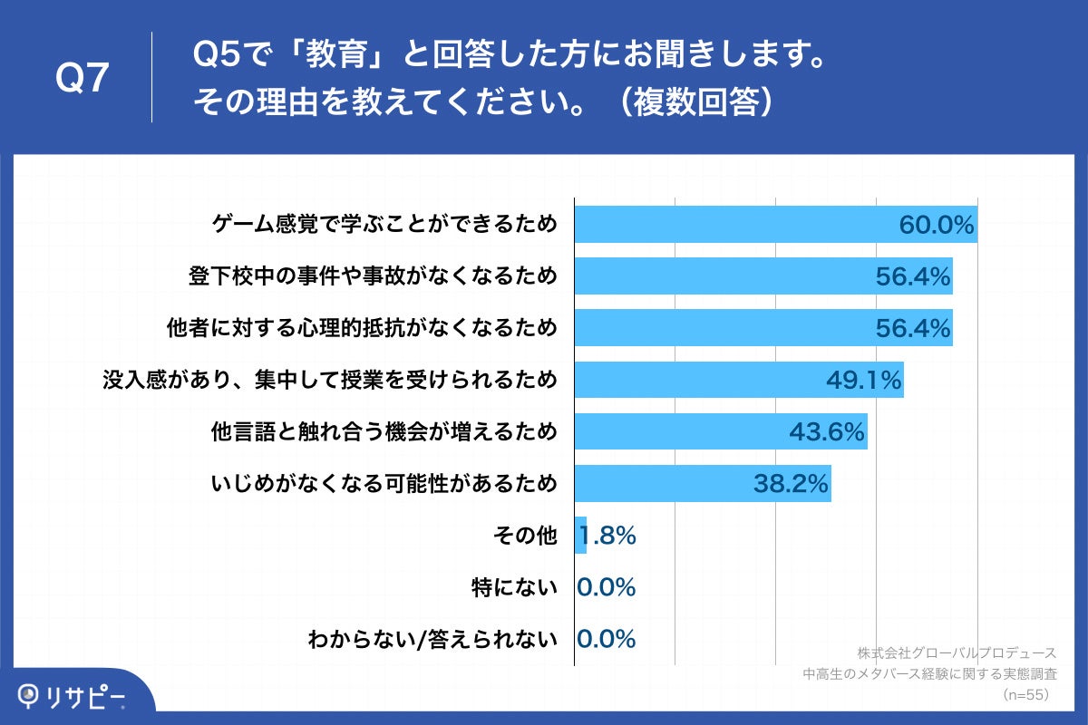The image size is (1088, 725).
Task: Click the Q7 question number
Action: (83, 80)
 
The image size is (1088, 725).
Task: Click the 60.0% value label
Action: (936, 225)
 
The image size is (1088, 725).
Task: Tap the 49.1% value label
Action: (863, 381)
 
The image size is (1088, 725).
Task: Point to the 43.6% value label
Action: (826, 432)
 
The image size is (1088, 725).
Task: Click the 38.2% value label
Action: (791, 485)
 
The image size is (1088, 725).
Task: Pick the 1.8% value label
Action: (607, 536)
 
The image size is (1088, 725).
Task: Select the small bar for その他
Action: (581, 536)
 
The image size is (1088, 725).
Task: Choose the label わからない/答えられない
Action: (432, 640)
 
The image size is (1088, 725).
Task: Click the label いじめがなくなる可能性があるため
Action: (384, 485)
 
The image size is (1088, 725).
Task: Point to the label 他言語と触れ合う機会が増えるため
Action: (384, 432)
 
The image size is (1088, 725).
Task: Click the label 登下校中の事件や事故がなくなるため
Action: (372, 276)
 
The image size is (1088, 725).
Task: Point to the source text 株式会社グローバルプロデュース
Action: (957, 652)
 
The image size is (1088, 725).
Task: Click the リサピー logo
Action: (73, 696)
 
